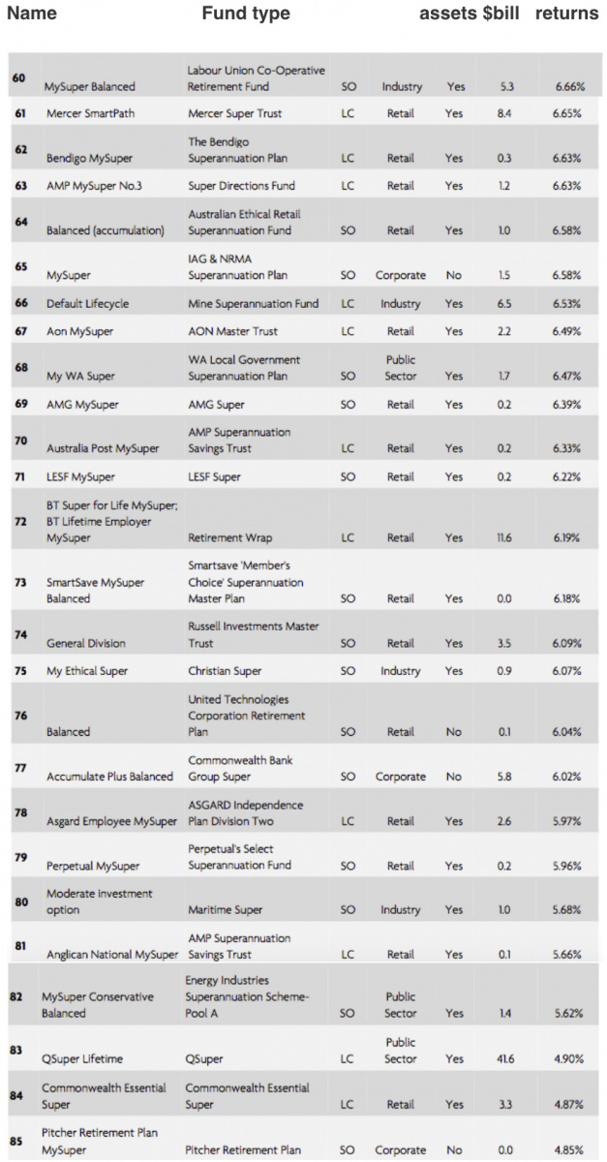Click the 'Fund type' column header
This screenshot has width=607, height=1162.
coord(245,14)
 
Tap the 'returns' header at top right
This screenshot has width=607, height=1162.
coord(566,14)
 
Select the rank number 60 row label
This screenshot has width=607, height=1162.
coord(19,77)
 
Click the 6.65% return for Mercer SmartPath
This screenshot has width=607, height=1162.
coord(568,113)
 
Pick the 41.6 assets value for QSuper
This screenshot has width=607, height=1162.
coord(504,1059)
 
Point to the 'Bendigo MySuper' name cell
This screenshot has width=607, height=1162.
coord(89,158)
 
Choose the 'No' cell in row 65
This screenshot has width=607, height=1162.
coord(454,275)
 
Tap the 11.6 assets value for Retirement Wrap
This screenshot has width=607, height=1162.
coord(504,537)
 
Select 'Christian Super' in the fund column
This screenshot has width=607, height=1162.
coord(225,671)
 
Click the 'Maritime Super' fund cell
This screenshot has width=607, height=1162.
coord(225,910)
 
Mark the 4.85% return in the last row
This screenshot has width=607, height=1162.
coord(568,1150)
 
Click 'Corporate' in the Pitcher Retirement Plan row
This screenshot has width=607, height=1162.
coord(400,1150)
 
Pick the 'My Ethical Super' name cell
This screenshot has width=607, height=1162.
coord(87,671)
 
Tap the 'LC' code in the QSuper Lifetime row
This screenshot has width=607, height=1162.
coord(348,1059)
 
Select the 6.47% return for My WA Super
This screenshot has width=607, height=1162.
coord(568,376)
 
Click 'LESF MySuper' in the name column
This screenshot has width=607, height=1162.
coord(80,476)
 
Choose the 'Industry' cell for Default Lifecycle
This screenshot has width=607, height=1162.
coord(400,303)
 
